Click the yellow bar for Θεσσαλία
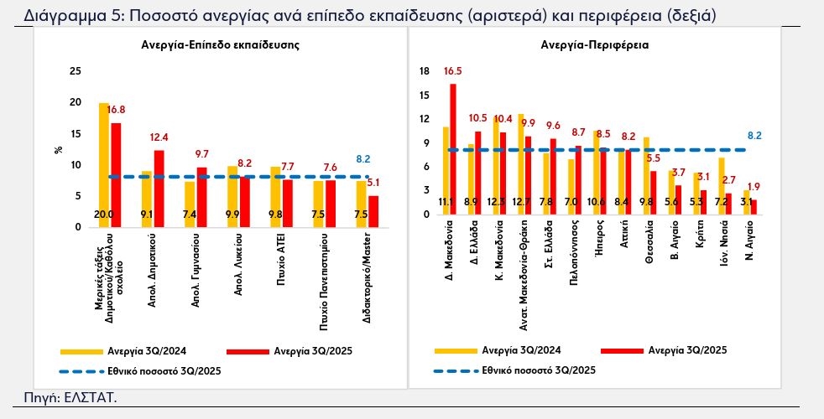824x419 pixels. click(646, 175)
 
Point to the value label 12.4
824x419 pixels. click(159, 137)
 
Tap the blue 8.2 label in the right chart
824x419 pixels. click(754, 135)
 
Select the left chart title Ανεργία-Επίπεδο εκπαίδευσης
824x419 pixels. click(220, 44)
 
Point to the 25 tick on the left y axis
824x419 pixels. click(76, 71)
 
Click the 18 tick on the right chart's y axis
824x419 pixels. click(424, 72)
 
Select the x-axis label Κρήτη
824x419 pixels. click(699, 235)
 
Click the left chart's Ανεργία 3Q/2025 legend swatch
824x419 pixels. click(251, 351)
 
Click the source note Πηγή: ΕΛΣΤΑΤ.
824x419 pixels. click(70, 396)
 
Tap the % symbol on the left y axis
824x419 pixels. click(59, 150)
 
